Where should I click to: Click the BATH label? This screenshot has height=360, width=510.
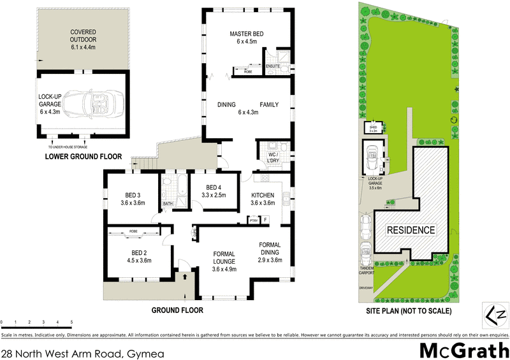pyautogui.click(x=168, y=204)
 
